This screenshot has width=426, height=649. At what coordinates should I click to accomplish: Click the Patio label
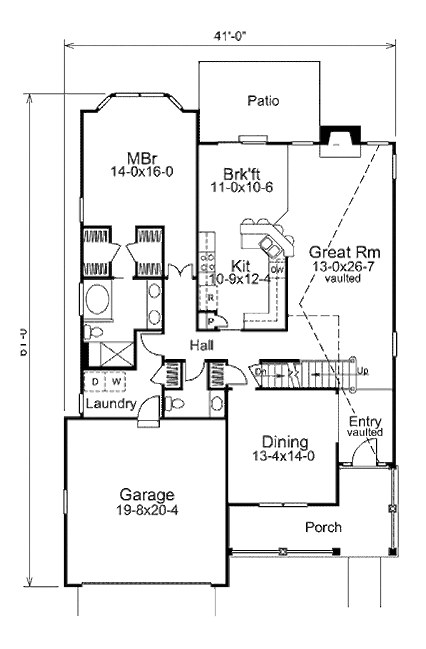(x=263, y=101)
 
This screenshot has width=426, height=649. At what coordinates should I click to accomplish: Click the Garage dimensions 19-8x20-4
(x=147, y=510)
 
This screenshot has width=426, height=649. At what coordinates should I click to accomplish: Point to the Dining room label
(x=285, y=442)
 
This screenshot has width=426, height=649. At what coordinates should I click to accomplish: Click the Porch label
(x=323, y=527)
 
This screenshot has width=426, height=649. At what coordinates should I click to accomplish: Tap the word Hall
(x=202, y=345)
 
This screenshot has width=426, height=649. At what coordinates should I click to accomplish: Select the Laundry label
(x=111, y=404)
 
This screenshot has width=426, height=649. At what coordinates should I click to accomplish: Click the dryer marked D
(x=95, y=382)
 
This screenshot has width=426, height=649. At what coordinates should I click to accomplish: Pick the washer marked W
(x=116, y=382)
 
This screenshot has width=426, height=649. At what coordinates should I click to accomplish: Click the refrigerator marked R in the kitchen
(x=211, y=298)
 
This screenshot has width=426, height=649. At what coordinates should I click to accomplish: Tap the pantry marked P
(x=211, y=321)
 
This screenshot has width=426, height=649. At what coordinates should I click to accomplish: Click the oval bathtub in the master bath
(x=97, y=298)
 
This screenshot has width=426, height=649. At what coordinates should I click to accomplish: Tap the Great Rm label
(x=345, y=252)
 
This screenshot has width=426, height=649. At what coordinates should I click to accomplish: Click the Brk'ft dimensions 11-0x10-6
(x=242, y=187)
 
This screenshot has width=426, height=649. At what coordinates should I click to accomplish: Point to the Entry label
(x=365, y=421)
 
